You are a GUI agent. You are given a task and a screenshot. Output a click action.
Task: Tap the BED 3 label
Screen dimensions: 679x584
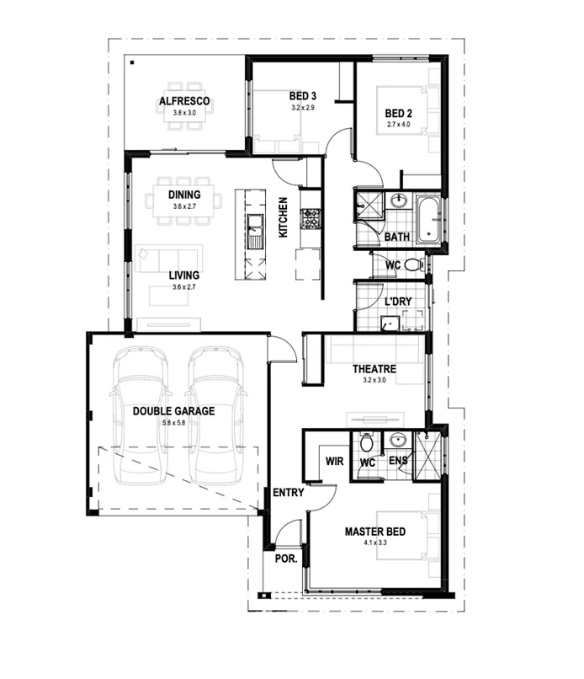click(x=303, y=95)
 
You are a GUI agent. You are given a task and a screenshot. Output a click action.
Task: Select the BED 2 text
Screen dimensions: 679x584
click(x=398, y=114)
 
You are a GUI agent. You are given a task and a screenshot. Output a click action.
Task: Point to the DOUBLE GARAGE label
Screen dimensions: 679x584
click(x=173, y=411)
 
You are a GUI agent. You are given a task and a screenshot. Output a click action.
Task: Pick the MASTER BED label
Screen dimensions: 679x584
click(x=375, y=532)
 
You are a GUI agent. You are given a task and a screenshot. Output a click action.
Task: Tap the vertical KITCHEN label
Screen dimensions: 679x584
click(x=284, y=217)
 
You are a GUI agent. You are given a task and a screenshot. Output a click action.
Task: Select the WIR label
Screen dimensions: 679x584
click(x=335, y=462)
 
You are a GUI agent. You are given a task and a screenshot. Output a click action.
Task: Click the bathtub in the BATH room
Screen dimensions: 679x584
click(x=428, y=218)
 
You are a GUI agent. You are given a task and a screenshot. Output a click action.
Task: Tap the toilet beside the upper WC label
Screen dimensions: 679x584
click(x=412, y=265)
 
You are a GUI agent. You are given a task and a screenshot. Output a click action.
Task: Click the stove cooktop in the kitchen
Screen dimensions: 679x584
click(x=310, y=218)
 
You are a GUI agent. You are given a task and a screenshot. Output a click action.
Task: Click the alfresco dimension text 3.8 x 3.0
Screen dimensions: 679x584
click(x=184, y=113)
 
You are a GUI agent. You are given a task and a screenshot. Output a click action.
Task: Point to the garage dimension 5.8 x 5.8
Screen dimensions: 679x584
click(x=173, y=422)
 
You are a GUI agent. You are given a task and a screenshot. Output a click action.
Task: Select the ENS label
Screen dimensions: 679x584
click(x=398, y=462)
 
